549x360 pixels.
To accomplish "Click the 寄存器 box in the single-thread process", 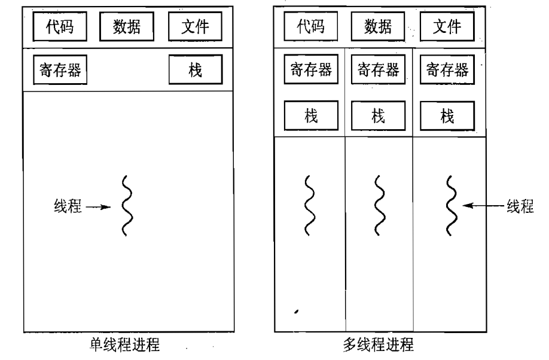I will click(57, 71).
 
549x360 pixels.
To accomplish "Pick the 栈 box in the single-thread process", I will click(195, 71).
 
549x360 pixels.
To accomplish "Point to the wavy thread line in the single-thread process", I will click(126, 207).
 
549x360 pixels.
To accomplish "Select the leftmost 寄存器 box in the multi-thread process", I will click(310, 71).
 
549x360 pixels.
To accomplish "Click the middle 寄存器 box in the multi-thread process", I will click(379, 71).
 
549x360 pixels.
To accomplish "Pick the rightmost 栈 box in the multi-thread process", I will click(447, 115).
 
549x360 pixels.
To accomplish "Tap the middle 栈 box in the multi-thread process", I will click(379, 115).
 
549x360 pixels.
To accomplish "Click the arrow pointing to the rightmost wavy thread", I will click(482, 206).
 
